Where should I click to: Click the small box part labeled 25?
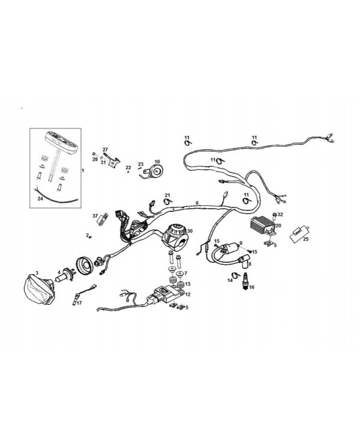click(x=299, y=235)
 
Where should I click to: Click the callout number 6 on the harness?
click(x=197, y=203)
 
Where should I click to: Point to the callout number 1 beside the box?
click(x=83, y=170)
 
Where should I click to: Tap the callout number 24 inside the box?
click(x=40, y=199)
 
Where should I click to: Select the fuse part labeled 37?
click(x=103, y=219)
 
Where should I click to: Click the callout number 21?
click(x=167, y=195)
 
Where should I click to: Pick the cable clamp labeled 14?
click(x=236, y=275)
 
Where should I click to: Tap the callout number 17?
click(x=79, y=303)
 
